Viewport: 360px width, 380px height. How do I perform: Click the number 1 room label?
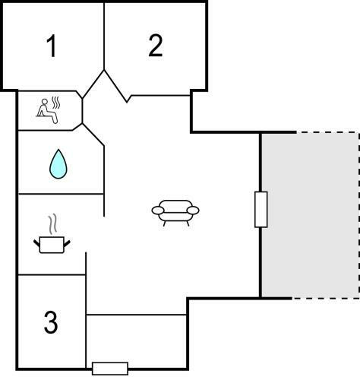click(52, 46)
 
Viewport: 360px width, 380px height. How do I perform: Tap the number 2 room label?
click(156, 45)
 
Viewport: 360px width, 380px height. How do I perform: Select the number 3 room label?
click(51, 322)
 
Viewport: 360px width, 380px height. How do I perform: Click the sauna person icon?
click(48, 111)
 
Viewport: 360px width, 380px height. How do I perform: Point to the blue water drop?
click(58, 164)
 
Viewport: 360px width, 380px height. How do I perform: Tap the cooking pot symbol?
click(52, 244)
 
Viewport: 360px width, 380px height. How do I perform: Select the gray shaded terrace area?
click(310, 215)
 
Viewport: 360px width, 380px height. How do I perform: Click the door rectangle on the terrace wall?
click(261, 210)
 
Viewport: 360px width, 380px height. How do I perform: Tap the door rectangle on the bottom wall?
click(110, 369)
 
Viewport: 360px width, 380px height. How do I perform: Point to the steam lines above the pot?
click(52, 224)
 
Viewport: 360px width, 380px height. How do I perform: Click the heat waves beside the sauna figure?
click(56, 103)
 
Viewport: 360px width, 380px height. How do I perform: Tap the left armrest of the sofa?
click(158, 210)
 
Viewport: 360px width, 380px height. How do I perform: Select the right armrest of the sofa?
click(193, 210)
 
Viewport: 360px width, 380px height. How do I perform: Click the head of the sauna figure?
click(45, 102)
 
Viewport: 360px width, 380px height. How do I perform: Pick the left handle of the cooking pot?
click(36, 243)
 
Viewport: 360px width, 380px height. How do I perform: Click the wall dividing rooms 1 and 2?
click(104, 36)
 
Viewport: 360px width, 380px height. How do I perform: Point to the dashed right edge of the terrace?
click(358, 215)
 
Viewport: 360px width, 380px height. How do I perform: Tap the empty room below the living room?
click(137, 340)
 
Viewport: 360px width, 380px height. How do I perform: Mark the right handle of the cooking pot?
click(67, 243)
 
